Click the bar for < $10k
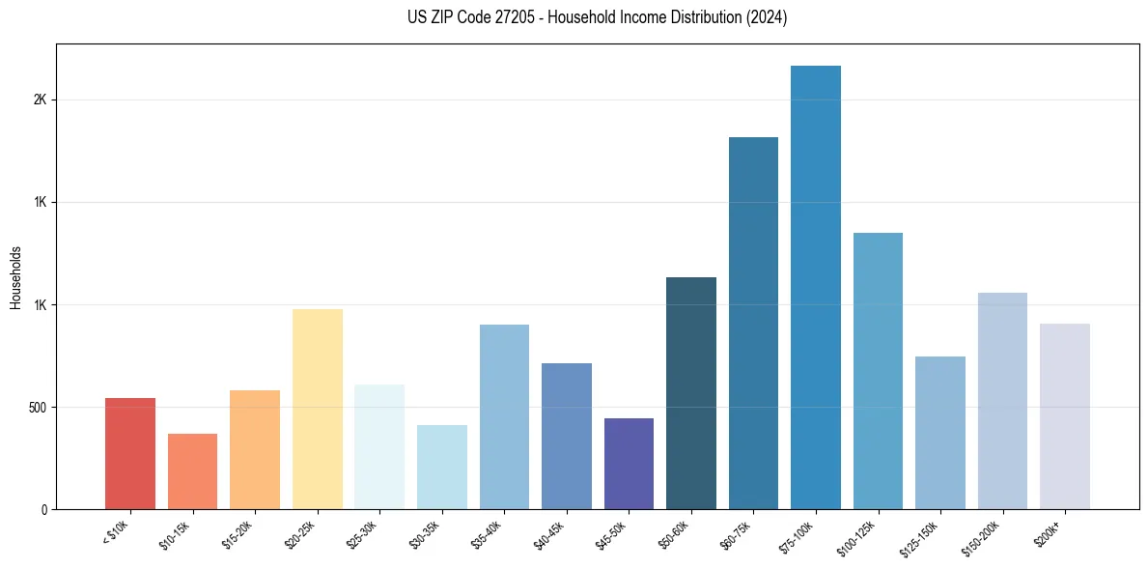click(130, 453)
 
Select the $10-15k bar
click(192, 471)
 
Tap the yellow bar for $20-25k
click(317, 409)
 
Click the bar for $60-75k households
click(753, 323)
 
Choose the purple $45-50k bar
click(629, 464)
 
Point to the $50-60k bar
click(691, 393)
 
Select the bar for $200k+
click(1065, 416)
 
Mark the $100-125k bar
click(878, 371)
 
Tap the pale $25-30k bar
click(379, 446)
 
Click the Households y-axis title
click(16, 276)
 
